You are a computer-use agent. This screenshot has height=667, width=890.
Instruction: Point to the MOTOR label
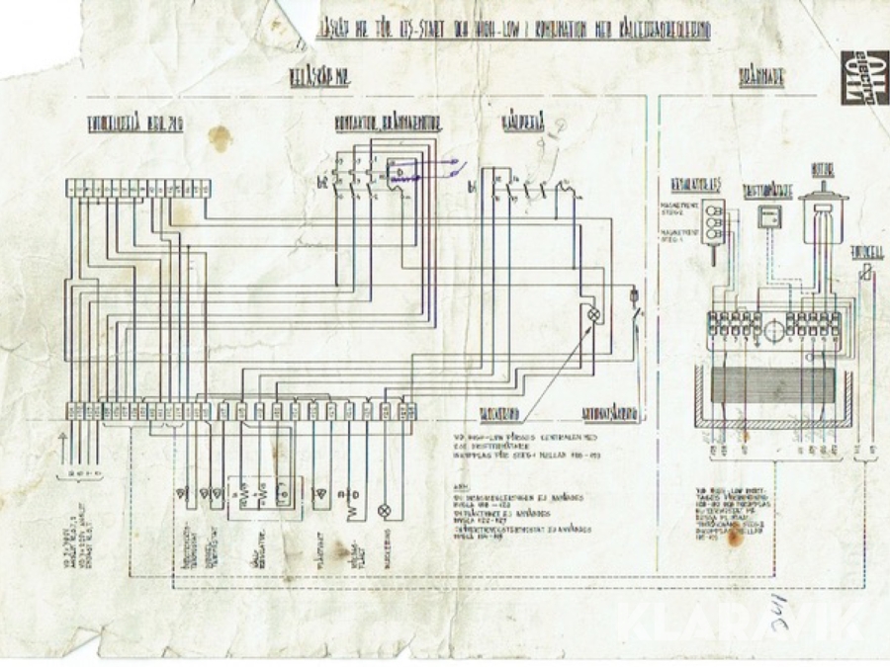[x=821, y=170]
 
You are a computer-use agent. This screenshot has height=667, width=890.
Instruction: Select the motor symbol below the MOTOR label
[x=820, y=213]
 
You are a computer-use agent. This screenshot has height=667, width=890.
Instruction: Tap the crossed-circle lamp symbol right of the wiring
[x=594, y=314]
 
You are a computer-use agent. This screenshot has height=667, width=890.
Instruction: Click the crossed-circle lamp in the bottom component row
[x=385, y=512]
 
